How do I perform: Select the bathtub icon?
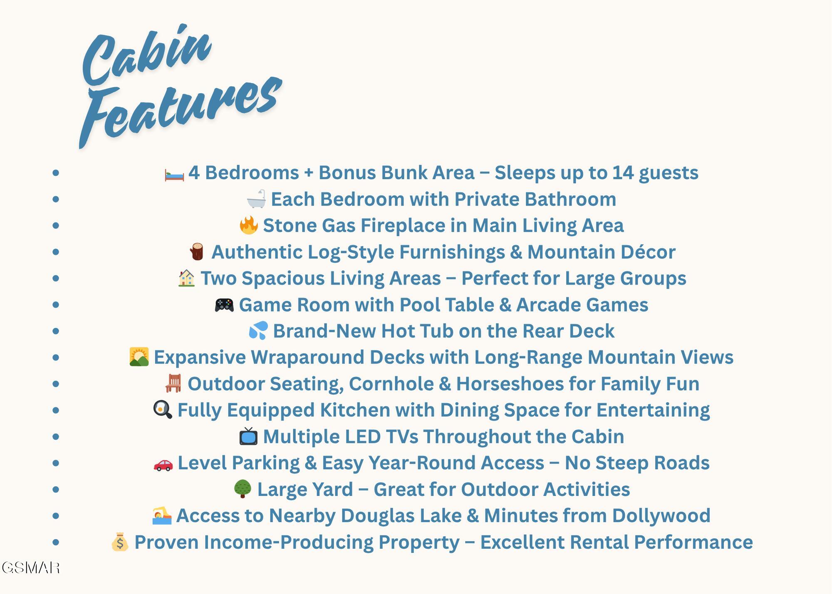(x=256, y=199)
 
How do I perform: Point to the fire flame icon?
(x=249, y=225)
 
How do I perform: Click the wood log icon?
(x=197, y=252)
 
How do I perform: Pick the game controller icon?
(x=224, y=305)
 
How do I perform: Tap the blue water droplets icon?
(x=258, y=331)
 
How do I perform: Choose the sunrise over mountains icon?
(x=139, y=357)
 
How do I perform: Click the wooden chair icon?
(x=173, y=383)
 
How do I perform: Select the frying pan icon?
(x=163, y=410)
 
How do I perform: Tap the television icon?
(x=248, y=436)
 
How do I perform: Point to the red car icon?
(x=163, y=464)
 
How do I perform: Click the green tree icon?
(x=243, y=489)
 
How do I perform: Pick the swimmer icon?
(x=162, y=516)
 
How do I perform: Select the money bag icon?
(x=120, y=542)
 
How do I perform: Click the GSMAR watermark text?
(x=31, y=568)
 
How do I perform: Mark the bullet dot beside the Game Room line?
(x=56, y=304)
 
